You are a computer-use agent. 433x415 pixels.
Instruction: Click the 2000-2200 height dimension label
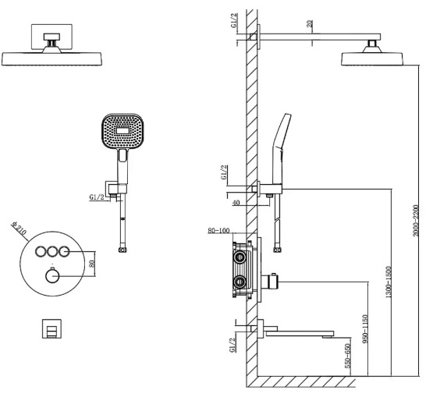click(x=416, y=220)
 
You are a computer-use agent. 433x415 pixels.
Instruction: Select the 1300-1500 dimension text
click(x=389, y=282)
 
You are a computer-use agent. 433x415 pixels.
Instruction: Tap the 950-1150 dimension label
click(x=365, y=329)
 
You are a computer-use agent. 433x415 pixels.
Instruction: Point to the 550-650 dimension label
click(x=348, y=356)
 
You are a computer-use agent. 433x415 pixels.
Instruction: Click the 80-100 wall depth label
click(x=218, y=230)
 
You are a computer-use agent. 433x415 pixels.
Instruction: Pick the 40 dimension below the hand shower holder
click(x=236, y=203)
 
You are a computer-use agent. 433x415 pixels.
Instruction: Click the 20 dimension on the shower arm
click(x=310, y=23)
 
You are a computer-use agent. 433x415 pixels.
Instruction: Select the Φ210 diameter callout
click(x=19, y=229)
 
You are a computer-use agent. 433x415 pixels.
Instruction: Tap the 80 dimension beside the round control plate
click(x=92, y=264)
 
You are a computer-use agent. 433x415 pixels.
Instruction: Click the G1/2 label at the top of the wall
click(x=233, y=20)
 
